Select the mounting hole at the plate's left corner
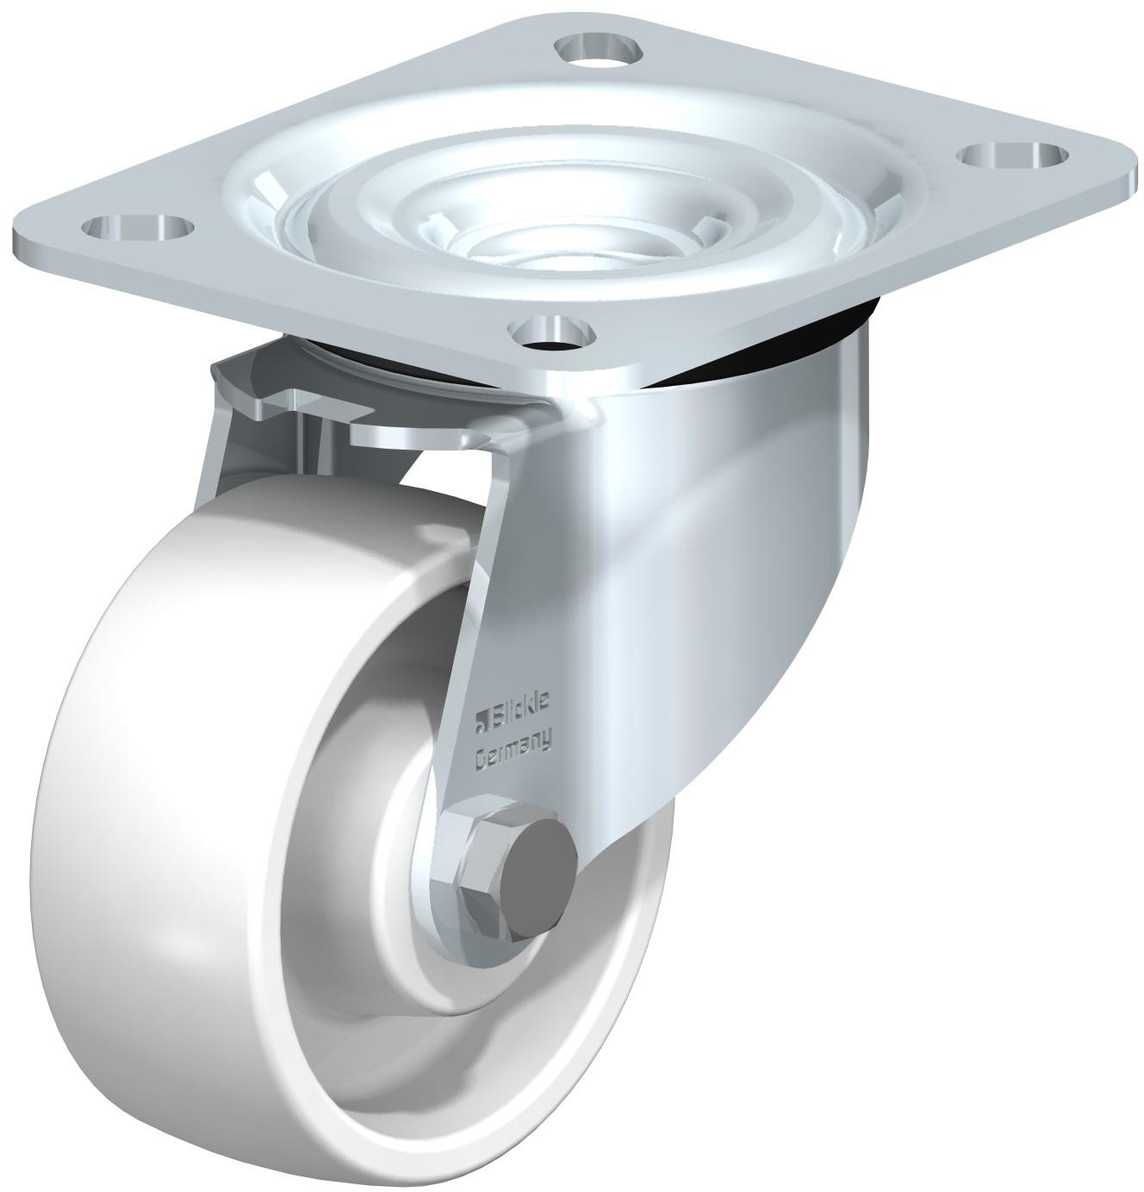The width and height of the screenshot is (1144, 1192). [x=138, y=228]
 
